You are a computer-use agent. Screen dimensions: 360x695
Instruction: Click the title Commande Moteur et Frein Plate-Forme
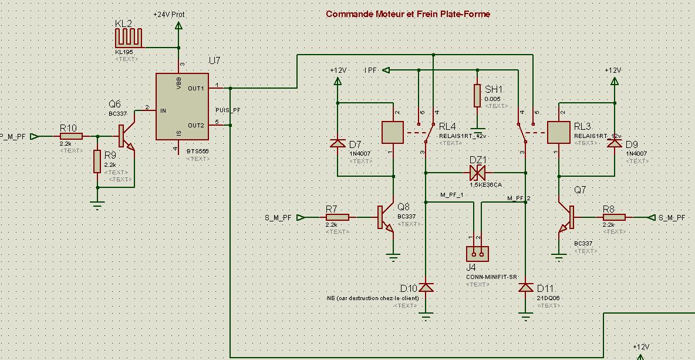coord(407,14)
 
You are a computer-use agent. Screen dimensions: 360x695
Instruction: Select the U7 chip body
coord(182,106)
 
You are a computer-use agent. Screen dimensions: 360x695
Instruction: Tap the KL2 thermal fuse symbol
coord(129,38)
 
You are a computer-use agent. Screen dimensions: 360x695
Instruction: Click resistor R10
coord(70,136)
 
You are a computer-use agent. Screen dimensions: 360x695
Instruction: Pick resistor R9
coord(97,162)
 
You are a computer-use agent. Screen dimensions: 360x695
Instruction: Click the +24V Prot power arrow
coord(179,25)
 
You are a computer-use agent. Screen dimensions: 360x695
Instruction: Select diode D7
coord(338,143)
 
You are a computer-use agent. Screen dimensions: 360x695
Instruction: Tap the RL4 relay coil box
coord(392,132)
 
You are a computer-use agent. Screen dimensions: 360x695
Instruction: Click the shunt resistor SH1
coord(478,96)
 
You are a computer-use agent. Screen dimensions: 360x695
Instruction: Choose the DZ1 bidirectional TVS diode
coord(477,173)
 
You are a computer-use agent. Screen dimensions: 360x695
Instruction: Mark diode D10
coord(426,288)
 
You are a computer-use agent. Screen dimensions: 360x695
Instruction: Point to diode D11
coord(525,288)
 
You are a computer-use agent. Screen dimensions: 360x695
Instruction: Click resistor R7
coord(338,217)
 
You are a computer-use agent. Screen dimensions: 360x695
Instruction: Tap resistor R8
coord(614,217)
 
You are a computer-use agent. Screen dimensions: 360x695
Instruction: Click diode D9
coord(615,143)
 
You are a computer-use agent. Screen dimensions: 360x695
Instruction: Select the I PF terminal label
coord(372,70)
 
